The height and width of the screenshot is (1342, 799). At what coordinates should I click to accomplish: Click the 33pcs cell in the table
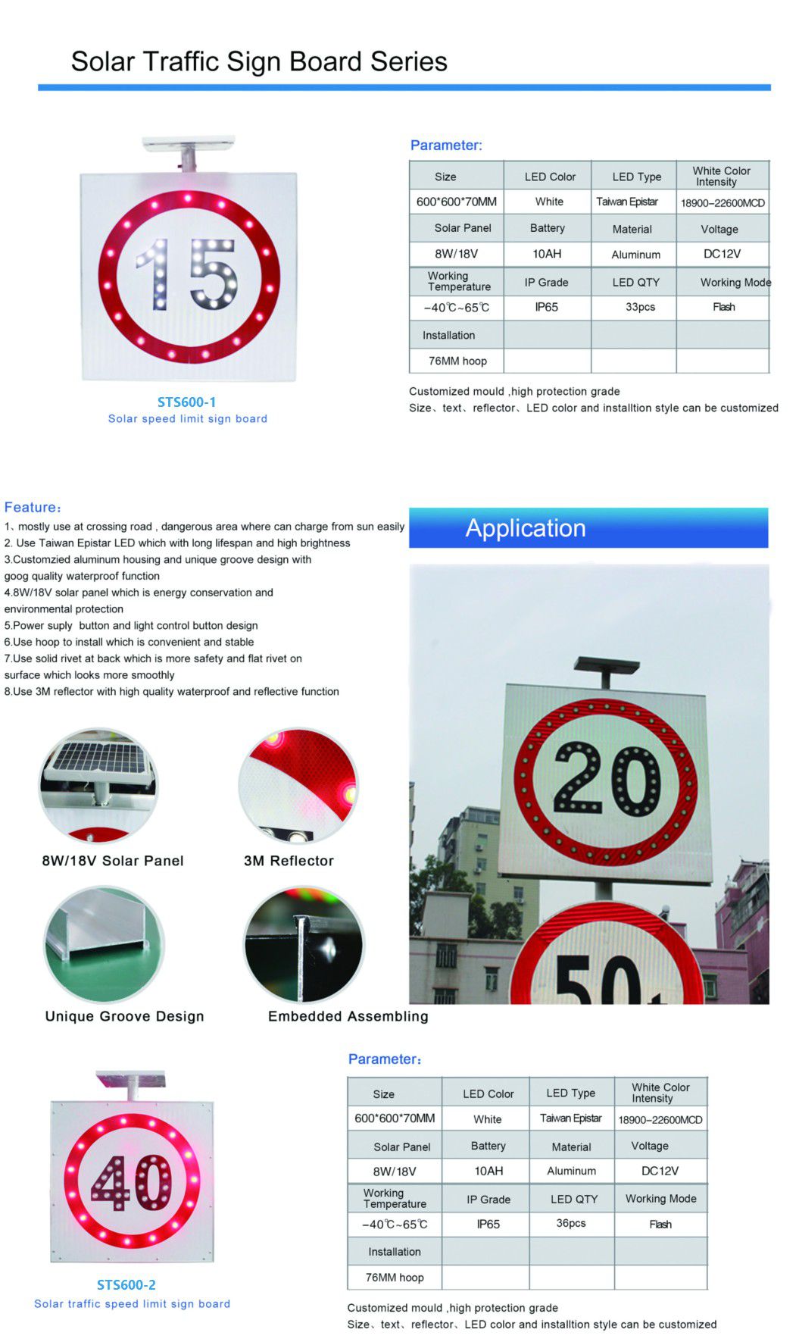click(x=640, y=307)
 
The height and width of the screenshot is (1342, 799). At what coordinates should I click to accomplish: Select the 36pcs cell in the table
click(x=571, y=1223)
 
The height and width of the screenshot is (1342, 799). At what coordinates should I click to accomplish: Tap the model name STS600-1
click(x=186, y=402)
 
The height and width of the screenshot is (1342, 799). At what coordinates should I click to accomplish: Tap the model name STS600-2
click(x=126, y=1284)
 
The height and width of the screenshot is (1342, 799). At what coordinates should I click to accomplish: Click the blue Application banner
click(x=588, y=528)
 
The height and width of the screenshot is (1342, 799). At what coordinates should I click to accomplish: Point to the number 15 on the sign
click(x=188, y=274)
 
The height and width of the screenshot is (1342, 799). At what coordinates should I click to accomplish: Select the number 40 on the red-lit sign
click(x=131, y=1183)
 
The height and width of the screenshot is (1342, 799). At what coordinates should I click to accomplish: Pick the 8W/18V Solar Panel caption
click(x=113, y=861)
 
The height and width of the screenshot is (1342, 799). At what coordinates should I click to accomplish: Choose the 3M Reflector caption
click(x=289, y=861)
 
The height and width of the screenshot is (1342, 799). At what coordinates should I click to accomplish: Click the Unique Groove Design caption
click(x=124, y=1016)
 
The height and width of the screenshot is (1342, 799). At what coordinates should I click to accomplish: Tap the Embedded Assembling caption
click(x=348, y=1016)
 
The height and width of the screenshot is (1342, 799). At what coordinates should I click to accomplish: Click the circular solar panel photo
click(x=98, y=786)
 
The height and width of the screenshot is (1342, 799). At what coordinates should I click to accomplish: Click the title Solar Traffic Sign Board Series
click(x=259, y=61)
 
